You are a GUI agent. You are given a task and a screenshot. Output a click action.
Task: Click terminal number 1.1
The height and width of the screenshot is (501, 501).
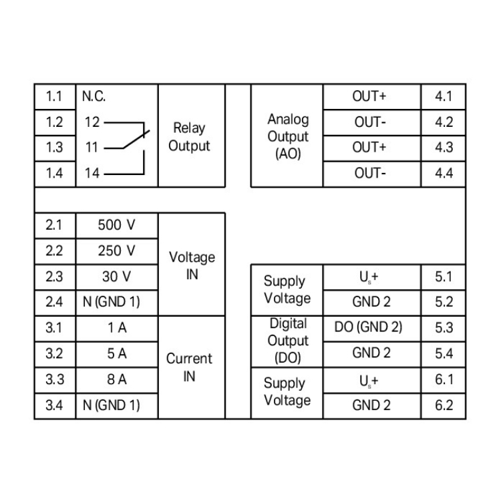(x=54, y=97)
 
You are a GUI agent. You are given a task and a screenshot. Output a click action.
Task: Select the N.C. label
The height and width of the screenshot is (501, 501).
(x=94, y=97)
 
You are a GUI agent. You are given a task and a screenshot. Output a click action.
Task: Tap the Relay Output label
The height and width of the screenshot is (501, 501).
(x=189, y=136)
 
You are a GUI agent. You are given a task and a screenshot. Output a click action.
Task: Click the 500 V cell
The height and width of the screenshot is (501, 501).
(x=116, y=225)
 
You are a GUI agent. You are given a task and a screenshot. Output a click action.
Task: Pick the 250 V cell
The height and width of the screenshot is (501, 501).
(x=116, y=251)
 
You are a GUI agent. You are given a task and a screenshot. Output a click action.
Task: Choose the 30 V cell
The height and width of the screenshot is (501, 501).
(x=116, y=277)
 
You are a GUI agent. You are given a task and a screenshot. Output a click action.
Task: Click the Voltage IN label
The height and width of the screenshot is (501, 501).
(x=192, y=265)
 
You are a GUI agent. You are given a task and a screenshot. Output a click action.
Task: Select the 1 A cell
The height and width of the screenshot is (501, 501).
(x=116, y=328)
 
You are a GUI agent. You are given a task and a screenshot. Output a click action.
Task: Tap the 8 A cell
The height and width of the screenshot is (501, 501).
(x=116, y=379)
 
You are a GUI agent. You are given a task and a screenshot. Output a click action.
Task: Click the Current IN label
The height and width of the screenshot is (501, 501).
(x=189, y=367)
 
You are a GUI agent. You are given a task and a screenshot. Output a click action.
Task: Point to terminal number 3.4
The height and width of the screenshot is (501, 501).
(x=54, y=405)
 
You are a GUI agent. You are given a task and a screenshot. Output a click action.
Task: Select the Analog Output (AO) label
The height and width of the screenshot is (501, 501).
(x=288, y=136)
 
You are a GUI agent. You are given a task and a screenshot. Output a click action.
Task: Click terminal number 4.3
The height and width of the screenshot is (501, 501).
(x=444, y=148)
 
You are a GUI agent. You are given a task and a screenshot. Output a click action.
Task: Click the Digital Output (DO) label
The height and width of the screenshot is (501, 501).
(x=288, y=341)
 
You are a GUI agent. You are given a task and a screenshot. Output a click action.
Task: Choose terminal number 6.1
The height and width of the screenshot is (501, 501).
(x=444, y=379)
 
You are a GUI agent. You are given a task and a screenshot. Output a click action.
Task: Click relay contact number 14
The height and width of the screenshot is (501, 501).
(x=92, y=174)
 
